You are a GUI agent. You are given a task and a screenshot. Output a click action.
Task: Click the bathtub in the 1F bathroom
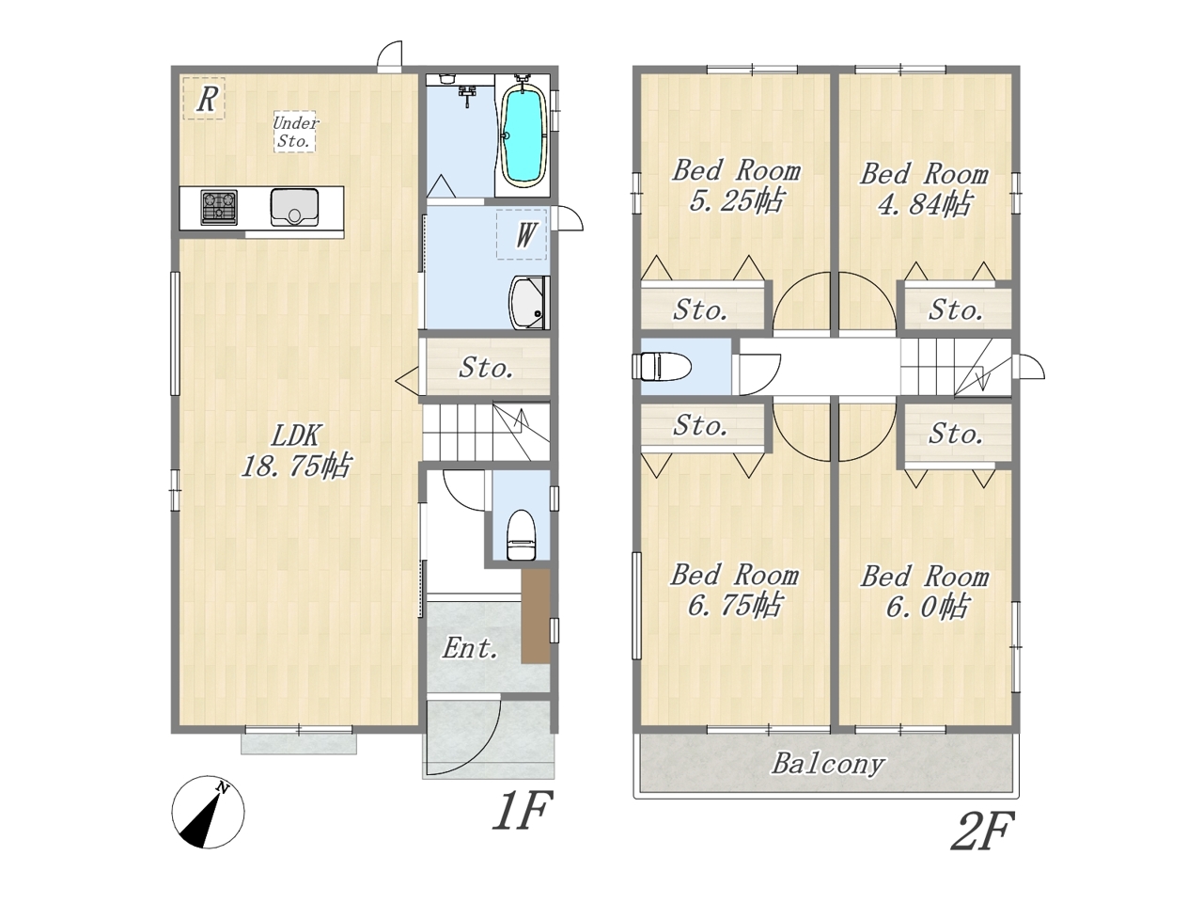click(x=523, y=135)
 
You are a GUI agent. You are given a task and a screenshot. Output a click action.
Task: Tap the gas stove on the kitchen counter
click(x=219, y=207)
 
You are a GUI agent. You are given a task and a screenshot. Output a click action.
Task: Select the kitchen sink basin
click(x=294, y=207)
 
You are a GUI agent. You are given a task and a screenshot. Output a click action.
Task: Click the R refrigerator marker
click(x=204, y=99)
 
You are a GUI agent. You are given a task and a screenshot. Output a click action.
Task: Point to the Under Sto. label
click(x=295, y=132)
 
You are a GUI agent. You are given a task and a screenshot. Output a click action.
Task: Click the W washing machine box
click(x=522, y=234)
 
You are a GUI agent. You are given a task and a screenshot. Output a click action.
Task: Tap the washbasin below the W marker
click(x=529, y=303)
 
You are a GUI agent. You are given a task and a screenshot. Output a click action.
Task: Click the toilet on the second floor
click(x=662, y=366)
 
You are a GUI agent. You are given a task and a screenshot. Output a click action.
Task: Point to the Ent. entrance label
click(x=470, y=649)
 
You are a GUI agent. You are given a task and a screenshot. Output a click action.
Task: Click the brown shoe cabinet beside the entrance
click(x=536, y=616)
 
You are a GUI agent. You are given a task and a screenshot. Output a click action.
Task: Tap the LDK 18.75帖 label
click(x=295, y=451)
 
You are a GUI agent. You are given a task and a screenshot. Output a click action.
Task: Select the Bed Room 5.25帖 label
click(x=736, y=186)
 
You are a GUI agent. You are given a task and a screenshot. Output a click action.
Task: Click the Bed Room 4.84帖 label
click(x=925, y=189)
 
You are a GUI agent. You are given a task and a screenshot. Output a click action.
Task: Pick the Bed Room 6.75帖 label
click(x=734, y=591)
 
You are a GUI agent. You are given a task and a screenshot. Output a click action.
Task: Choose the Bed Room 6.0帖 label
click(x=925, y=592)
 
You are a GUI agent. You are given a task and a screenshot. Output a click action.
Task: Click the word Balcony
click(x=828, y=764)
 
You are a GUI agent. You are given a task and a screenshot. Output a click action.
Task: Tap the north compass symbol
click(x=209, y=812)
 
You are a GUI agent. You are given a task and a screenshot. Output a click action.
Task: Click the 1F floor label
click(x=521, y=810)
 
